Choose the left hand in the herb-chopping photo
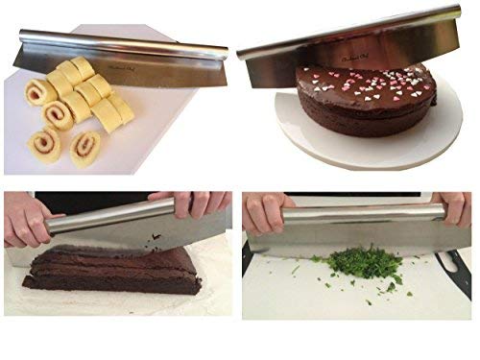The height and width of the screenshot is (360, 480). click(x=264, y=213)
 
